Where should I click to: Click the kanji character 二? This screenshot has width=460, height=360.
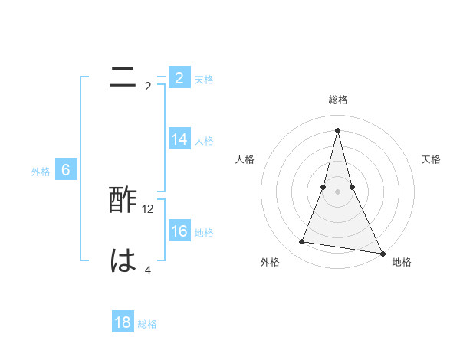point(123,77)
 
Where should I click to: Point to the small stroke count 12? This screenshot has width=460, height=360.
point(149,209)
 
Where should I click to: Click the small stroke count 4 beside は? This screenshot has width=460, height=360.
point(148,270)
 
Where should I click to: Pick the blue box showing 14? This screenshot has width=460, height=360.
point(179,139)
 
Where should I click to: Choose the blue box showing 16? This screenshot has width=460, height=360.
point(179,231)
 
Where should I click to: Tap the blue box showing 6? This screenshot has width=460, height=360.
point(66,170)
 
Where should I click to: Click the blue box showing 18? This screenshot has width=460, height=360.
point(123,322)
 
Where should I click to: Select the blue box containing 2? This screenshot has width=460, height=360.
point(179,77)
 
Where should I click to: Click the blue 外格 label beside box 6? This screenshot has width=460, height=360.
point(41,172)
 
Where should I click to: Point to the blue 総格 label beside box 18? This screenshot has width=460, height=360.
point(147,324)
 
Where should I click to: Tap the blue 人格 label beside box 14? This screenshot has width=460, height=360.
point(204,141)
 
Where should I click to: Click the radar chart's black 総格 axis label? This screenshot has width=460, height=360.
point(337,100)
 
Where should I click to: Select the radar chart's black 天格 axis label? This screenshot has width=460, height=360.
point(431,159)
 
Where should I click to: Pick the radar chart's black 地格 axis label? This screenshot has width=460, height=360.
point(402,262)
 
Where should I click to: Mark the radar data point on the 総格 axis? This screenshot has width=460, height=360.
point(337,129)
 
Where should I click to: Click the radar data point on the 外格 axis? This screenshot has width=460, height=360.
point(302,242)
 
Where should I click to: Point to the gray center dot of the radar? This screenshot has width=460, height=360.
point(337,191)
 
